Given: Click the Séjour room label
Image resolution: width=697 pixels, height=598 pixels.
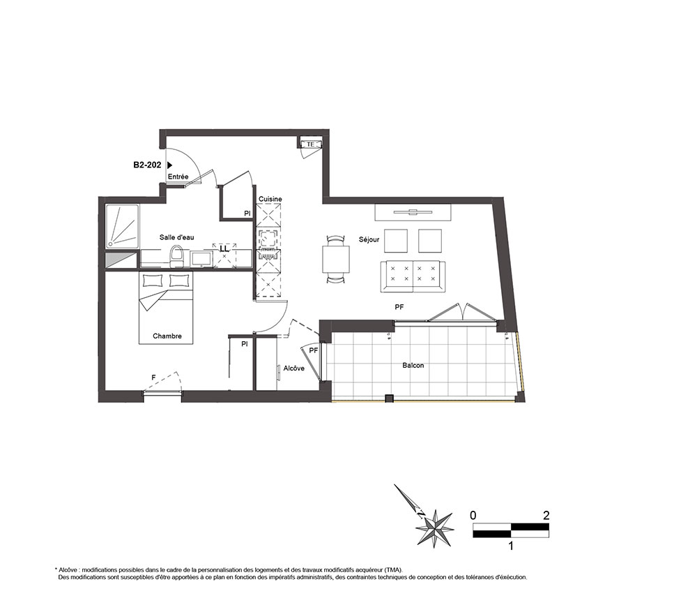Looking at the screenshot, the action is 369,239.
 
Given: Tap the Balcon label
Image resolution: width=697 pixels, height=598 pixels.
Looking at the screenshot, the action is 413,366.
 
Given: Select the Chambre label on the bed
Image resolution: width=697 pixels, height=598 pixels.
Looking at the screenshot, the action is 167,336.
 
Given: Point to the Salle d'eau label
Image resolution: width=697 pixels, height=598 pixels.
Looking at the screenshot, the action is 177,237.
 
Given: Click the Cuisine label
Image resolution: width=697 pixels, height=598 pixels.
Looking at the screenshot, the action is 270,199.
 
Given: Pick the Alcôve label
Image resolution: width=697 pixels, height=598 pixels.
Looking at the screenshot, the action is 294,368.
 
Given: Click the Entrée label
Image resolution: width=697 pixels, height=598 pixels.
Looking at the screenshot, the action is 178,177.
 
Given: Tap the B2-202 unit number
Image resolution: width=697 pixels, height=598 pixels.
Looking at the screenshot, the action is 147,165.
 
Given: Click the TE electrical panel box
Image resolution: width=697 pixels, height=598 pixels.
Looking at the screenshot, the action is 311,144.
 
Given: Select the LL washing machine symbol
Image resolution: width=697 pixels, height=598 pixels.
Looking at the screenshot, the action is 224,253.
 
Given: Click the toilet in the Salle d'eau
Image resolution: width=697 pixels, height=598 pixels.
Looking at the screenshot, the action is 176,256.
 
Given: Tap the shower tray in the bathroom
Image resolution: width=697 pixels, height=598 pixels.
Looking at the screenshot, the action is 122,227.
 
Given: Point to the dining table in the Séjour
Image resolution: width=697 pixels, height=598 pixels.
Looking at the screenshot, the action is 336,259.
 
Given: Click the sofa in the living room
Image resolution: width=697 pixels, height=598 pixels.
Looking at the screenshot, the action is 413,277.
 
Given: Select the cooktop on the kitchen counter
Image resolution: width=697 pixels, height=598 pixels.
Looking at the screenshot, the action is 268,239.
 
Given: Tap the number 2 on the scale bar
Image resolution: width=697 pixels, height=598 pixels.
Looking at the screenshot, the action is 546,515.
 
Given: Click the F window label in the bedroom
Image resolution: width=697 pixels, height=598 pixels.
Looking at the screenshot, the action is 153,378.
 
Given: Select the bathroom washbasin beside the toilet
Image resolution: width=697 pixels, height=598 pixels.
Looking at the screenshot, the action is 201,259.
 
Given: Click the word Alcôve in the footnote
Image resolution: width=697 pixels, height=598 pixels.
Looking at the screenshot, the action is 69,569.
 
